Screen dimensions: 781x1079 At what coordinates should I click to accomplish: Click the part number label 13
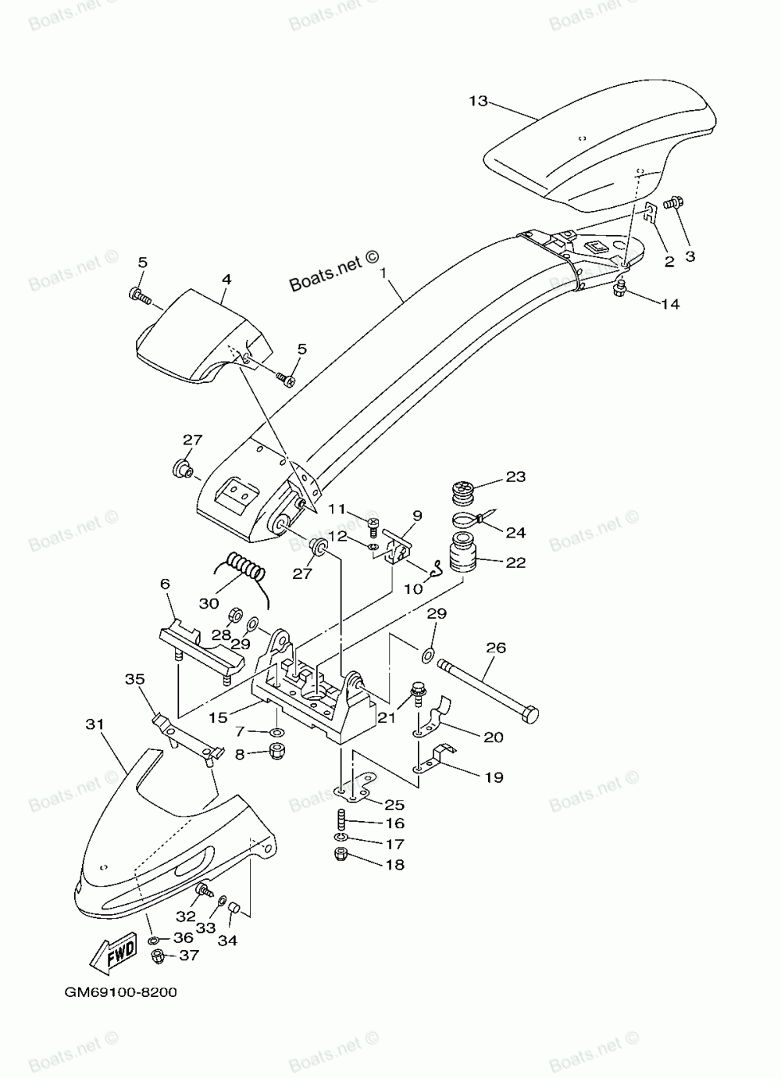tap(478, 101)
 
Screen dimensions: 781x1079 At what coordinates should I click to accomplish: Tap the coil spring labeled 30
tap(245, 567)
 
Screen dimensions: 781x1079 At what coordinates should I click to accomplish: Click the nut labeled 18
tap(341, 867)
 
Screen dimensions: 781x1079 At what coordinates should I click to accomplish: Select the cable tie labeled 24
tap(474, 520)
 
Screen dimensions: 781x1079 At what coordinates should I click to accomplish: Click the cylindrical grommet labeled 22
tap(462, 552)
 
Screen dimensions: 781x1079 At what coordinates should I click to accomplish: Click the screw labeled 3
tap(671, 203)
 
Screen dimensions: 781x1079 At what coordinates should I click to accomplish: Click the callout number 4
tap(226, 279)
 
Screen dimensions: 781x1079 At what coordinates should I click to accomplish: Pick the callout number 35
tap(134, 679)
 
